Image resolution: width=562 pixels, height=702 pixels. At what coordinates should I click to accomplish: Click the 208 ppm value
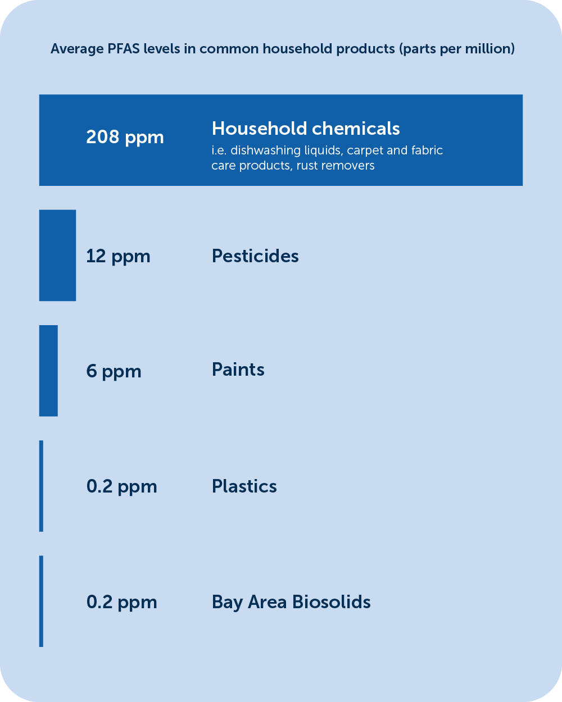[125, 138]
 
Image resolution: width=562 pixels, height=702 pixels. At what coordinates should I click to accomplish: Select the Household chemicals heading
[306, 128]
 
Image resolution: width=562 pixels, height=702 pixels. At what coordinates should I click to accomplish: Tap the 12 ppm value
[118, 257]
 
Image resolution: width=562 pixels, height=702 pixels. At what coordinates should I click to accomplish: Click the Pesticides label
[255, 256]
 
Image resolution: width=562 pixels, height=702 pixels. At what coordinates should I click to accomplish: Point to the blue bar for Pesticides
[57, 255]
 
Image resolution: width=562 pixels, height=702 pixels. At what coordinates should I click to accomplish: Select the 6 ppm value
[114, 372]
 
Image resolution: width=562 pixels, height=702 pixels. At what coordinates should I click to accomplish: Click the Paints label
[238, 370]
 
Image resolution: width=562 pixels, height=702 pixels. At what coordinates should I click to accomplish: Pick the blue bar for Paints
[48, 371]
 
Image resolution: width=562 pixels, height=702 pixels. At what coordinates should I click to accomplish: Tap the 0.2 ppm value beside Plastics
[121, 487]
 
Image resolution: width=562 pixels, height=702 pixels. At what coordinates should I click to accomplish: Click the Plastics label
[244, 486]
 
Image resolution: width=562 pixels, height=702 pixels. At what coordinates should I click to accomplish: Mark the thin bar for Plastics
[41, 486]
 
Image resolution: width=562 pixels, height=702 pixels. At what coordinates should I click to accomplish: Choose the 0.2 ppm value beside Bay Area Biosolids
[121, 602]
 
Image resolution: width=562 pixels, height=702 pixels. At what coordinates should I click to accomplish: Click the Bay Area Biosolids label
[291, 602]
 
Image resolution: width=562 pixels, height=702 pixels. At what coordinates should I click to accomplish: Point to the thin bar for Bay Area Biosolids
[41, 601]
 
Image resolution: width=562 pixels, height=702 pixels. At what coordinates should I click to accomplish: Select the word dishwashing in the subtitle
[265, 151]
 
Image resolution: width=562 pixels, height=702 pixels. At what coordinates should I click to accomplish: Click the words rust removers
[336, 166]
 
